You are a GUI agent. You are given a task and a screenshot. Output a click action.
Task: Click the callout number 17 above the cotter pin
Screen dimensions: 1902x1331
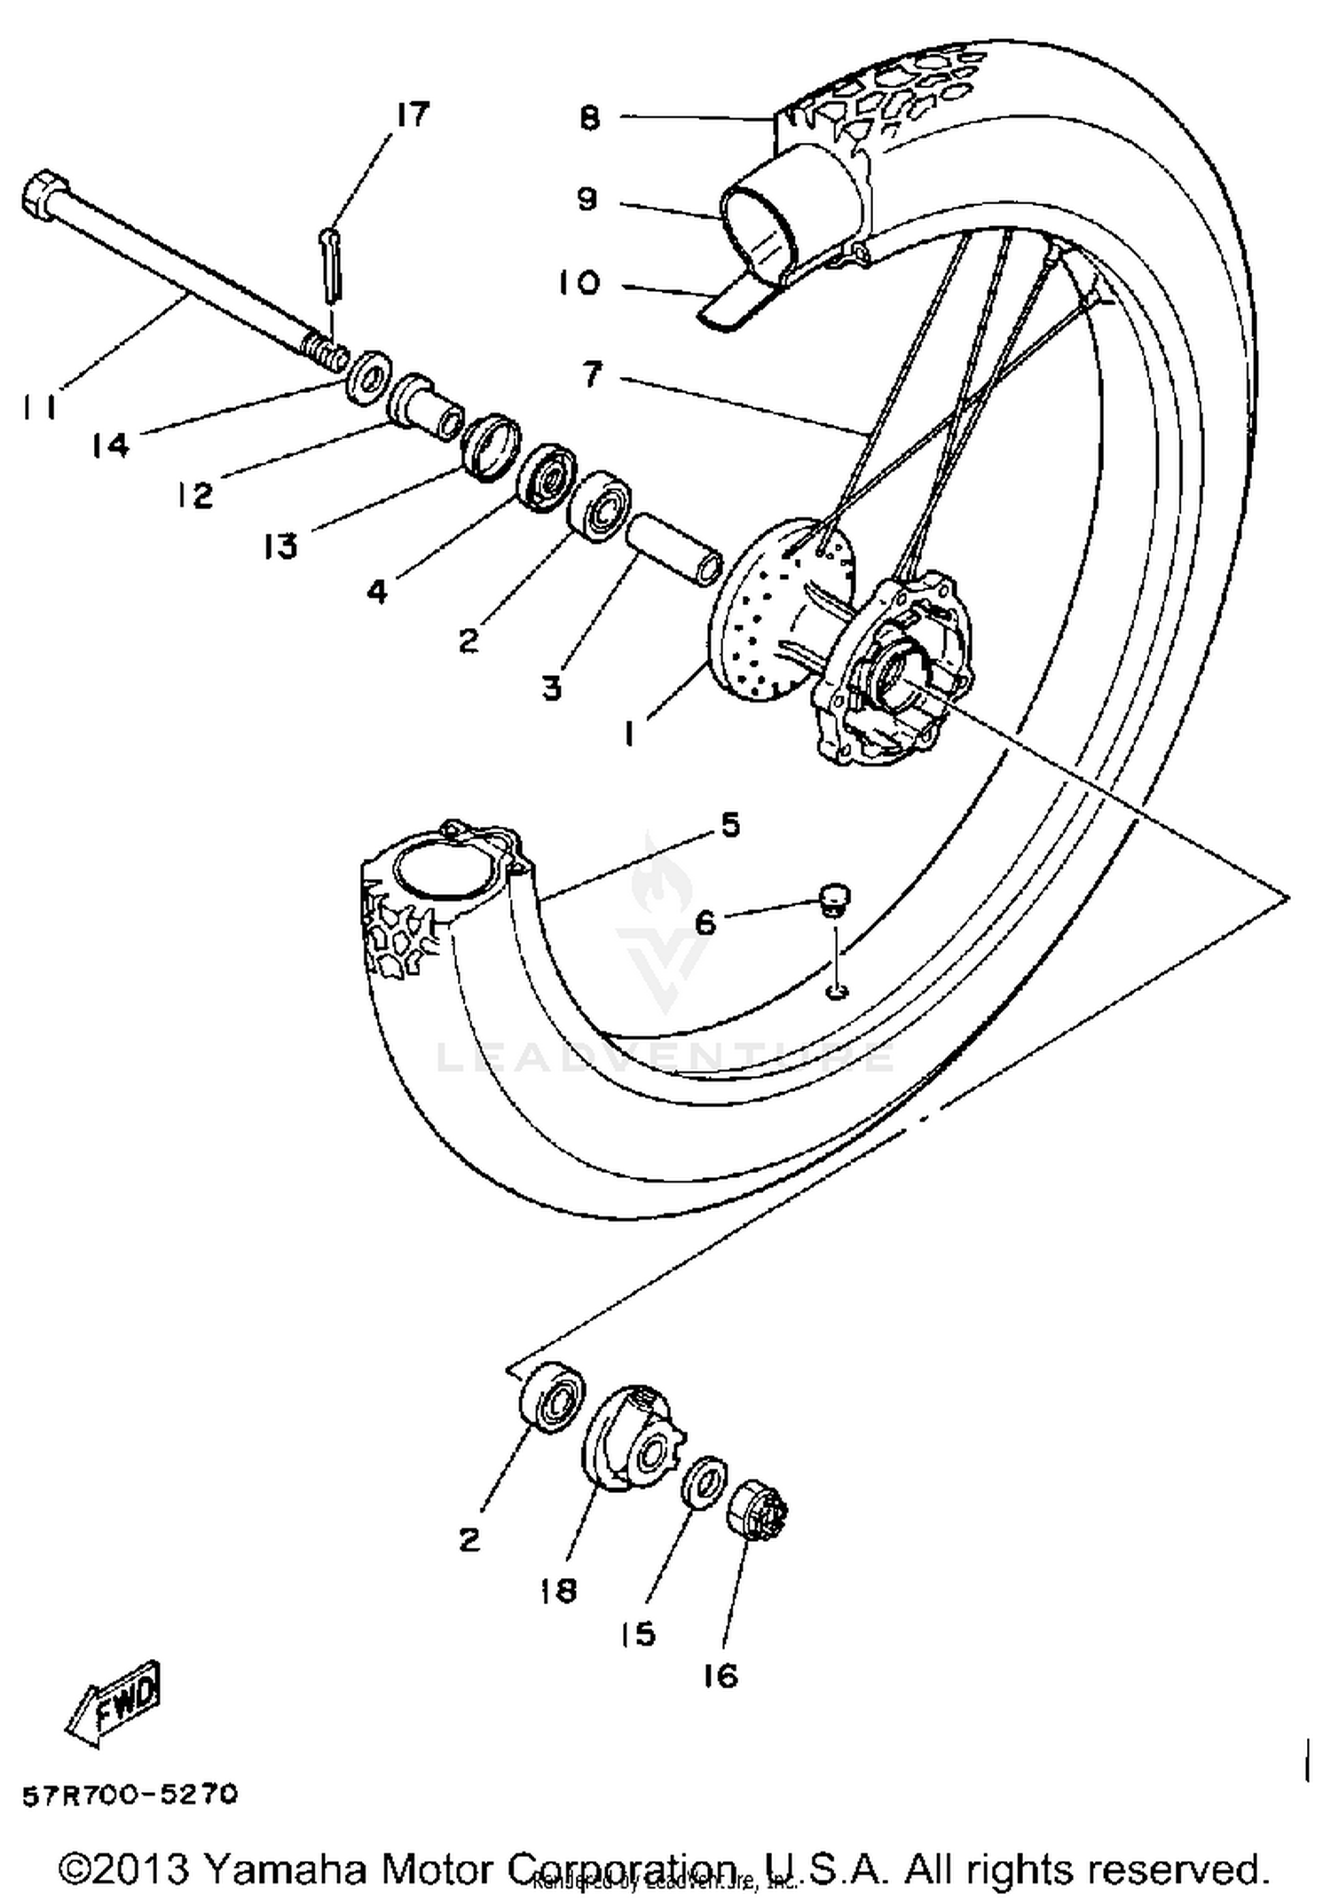pos(412,114)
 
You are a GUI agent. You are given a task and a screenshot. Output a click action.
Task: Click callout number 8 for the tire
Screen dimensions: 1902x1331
pos(590,118)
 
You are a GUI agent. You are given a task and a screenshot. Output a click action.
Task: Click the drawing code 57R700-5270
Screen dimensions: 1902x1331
pos(130,1796)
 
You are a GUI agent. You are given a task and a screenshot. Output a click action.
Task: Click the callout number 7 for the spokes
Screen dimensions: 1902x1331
pos(592,374)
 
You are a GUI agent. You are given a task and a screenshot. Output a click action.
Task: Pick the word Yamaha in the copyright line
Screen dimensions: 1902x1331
pos(285,1869)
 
